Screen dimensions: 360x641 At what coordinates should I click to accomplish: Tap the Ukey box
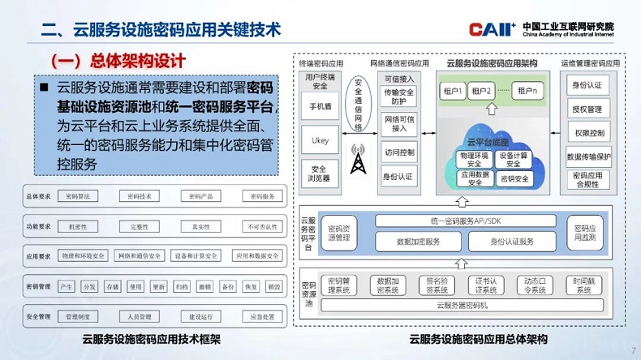click(x=320, y=139)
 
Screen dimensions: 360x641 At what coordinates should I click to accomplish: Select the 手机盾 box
click(x=320, y=106)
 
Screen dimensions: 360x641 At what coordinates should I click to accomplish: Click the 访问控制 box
click(x=398, y=152)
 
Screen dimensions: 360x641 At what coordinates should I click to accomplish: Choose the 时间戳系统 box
click(x=584, y=285)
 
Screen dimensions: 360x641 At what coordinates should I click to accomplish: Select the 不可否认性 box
click(x=260, y=226)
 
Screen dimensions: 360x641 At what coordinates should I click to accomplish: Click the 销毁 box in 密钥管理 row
click(x=274, y=286)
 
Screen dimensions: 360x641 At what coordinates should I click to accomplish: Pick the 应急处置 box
click(x=260, y=316)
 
